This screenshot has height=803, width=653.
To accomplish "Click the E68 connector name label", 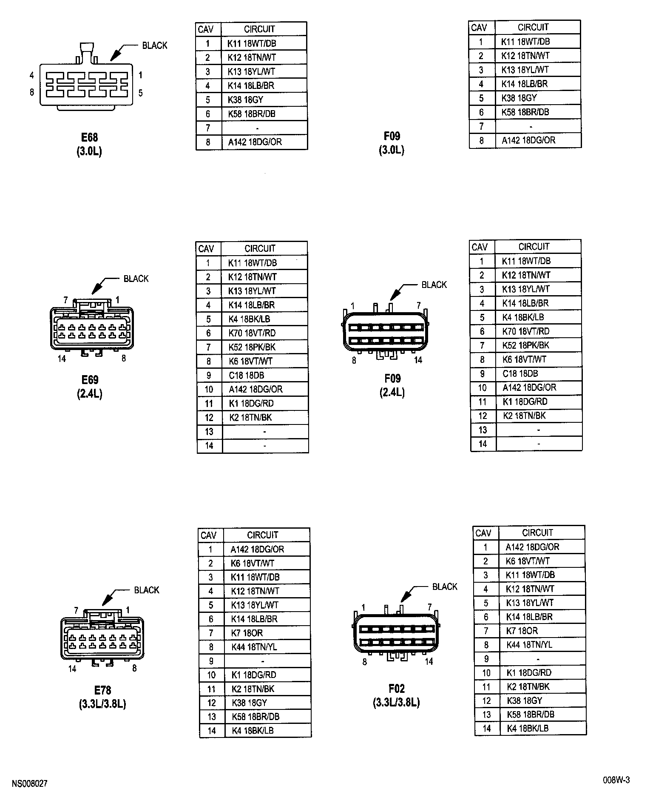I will pos(89,137).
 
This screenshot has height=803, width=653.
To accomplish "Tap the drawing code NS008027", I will pos(30,783).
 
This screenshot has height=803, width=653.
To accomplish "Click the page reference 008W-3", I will pos(616,780).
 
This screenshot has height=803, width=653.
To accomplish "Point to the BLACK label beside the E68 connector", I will pos(154,46).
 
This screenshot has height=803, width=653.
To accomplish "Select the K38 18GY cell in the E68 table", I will pos(245,100).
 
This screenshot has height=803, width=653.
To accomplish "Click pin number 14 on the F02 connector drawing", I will pos(429,661).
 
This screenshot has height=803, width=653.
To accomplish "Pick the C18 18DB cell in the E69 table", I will pos(246,375).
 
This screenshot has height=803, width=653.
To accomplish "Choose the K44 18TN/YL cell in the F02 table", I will pos(529,645).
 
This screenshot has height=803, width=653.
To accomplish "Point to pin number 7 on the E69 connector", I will pos(65,300).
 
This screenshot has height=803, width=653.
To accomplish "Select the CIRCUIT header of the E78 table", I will pos(262,535).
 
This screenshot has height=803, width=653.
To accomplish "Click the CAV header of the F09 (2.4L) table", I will pos(480,247).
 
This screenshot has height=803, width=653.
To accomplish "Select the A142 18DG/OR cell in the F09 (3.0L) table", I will pos(528,140).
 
